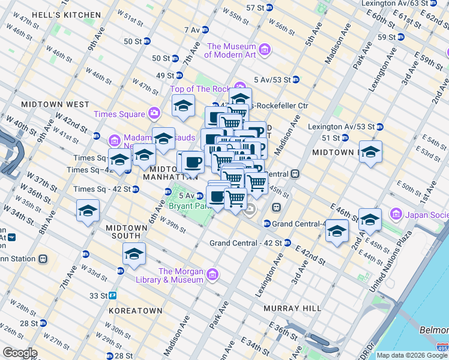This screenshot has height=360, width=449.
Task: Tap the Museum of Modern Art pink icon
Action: point(265,49)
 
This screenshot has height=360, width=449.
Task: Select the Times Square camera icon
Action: point(155,113)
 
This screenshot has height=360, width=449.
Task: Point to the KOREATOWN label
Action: point(136,311)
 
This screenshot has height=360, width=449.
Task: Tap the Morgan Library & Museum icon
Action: point(211,275)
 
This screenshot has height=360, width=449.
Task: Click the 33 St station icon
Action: point(112,296)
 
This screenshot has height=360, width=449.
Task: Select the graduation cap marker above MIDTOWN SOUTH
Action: point(88,211)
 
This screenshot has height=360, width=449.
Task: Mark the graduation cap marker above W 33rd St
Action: point(134,254)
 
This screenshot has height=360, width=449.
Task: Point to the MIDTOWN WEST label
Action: point(55,104)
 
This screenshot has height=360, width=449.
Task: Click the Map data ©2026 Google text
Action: point(412,355)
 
